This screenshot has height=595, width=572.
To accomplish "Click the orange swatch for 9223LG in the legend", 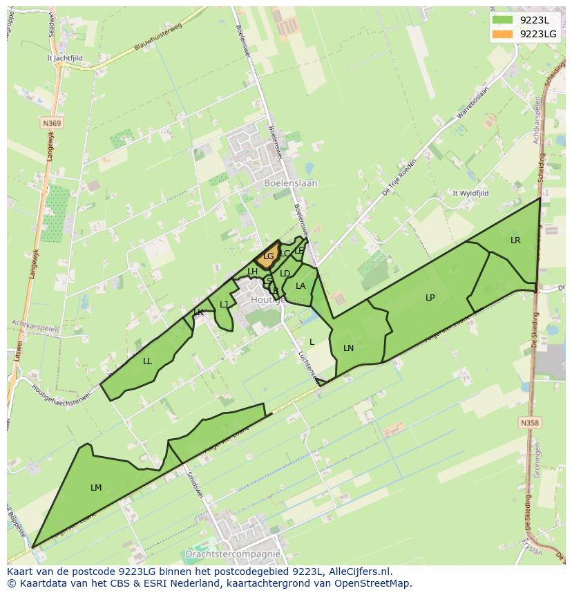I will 502,33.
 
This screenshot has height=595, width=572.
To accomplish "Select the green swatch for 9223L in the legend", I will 502,20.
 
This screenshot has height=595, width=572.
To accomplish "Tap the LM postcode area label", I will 96,488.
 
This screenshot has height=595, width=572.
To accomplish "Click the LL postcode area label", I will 147,361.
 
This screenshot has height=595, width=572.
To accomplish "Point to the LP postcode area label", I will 430,298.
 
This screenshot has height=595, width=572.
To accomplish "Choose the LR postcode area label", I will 515,240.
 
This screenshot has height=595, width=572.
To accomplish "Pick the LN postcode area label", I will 348,348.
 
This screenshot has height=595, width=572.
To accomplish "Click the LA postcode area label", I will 301,286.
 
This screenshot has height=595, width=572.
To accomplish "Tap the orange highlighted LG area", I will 268,256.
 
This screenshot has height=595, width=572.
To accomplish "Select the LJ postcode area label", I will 224,305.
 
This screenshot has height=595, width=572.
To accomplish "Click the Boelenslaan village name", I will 291,183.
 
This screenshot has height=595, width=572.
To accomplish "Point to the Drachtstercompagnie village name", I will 233,554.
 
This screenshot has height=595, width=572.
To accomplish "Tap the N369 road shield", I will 51,123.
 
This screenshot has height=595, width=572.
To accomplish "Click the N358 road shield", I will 530,422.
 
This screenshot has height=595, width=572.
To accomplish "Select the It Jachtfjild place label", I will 64,59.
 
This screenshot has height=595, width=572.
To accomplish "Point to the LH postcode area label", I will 252,272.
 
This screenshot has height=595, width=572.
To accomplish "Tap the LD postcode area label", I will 285,274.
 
